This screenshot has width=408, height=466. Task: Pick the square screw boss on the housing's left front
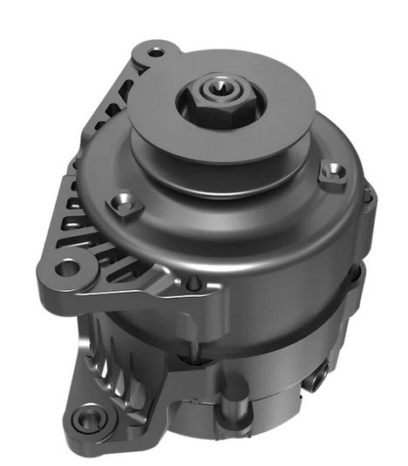[126, 205]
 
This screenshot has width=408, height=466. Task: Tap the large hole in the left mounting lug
[69, 267]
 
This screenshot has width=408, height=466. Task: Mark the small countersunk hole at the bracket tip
[194, 283]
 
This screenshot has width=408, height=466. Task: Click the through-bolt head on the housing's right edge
[368, 199]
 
